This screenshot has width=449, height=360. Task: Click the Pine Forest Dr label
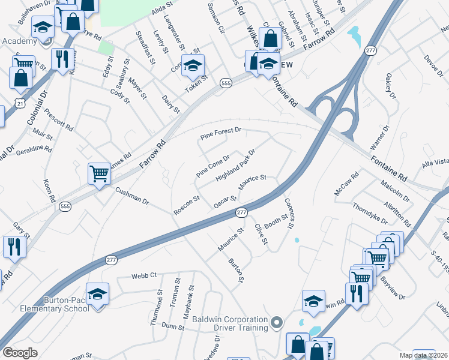click(220, 134)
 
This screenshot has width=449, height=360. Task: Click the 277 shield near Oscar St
click(241, 213)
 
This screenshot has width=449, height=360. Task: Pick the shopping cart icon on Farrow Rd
click(100, 173)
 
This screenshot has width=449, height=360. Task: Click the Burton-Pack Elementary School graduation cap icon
click(97, 294)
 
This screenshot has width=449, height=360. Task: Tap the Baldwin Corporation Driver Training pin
click(276, 323)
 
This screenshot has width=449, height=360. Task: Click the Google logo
click(20, 353)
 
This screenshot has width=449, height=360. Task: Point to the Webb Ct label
click(144, 275)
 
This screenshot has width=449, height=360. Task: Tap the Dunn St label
click(173, 326)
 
